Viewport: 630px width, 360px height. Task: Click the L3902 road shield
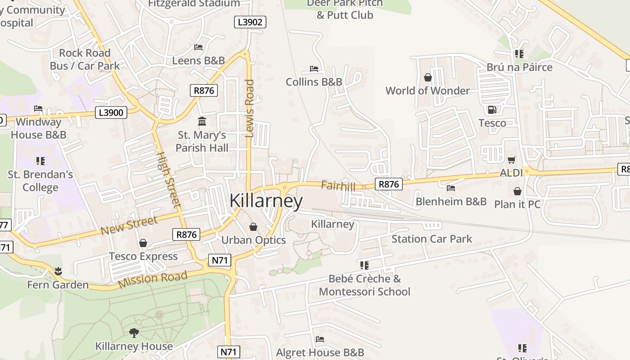pos(250,22)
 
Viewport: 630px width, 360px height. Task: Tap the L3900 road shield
pos(111,112)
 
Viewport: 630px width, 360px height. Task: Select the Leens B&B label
pos(198,60)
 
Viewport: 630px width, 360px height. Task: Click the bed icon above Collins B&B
pos(314,69)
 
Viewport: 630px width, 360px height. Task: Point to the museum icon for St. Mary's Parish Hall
pos(202,121)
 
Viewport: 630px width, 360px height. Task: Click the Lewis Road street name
pos(250,108)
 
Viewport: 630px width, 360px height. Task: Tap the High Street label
pos(168,180)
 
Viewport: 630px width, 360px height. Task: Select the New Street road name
pos(129,225)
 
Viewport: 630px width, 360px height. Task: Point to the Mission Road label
pos(153,279)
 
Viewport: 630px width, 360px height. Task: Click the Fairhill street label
pos(338,186)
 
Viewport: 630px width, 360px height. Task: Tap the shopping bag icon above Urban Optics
pos(253,226)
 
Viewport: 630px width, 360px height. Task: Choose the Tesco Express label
pos(143,256)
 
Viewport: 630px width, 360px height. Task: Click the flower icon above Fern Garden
pos(58,271)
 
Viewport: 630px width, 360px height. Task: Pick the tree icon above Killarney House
pos(134,333)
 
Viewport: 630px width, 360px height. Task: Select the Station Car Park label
pos(432,239)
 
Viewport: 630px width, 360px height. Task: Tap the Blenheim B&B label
pos(451,201)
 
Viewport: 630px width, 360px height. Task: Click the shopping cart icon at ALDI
pos(511,160)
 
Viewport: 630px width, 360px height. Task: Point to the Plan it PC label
pos(517,204)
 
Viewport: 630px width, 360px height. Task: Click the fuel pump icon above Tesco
pos(492,109)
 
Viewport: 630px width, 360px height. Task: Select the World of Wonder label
pos(427,90)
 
